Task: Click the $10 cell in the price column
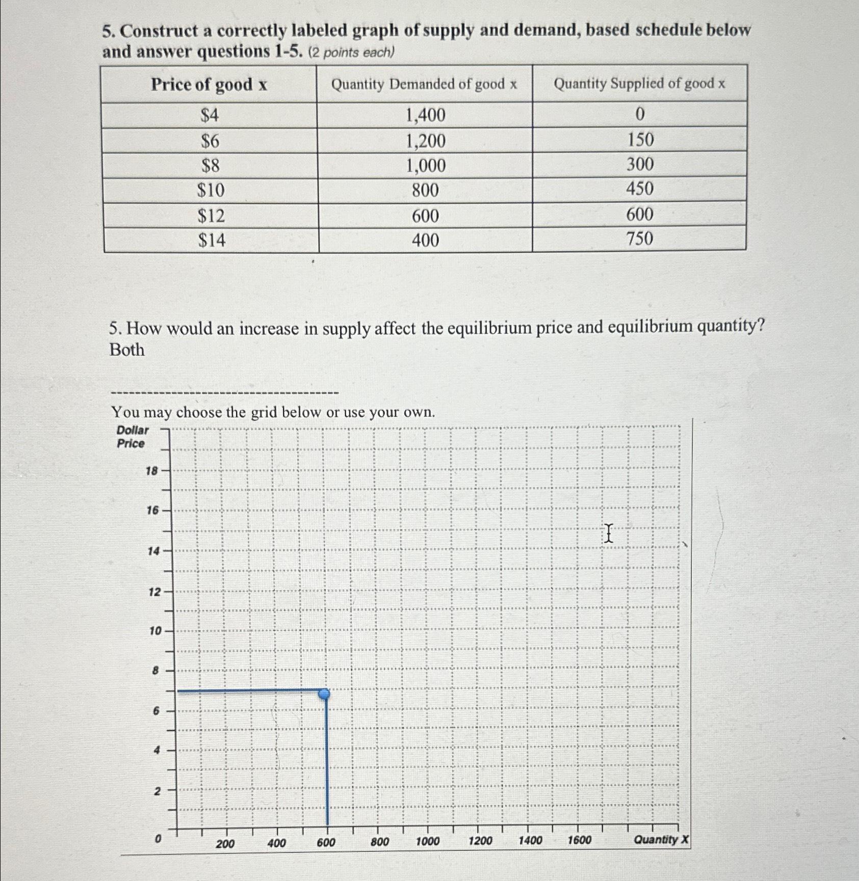click(211, 191)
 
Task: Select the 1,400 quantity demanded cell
click(425, 115)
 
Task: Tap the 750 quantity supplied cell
click(640, 238)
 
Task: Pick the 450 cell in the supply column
click(640, 189)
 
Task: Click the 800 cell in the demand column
click(425, 191)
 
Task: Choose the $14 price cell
click(212, 240)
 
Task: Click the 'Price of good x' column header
click(209, 85)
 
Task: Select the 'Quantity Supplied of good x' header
click(639, 84)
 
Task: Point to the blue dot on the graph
click(324, 694)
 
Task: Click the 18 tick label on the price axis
click(152, 471)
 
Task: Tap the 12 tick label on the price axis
click(154, 592)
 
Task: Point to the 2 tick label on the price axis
click(157, 791)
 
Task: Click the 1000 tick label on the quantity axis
click(428, 841)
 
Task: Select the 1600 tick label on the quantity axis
click(580, 840)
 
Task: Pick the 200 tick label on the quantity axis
click(225, 844)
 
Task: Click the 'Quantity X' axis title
click(661, 840)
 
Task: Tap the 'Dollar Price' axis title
click(132, 437)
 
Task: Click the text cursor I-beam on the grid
click(608, 533)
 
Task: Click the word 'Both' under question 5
click(127, 350)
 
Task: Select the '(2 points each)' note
click(352, 52)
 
